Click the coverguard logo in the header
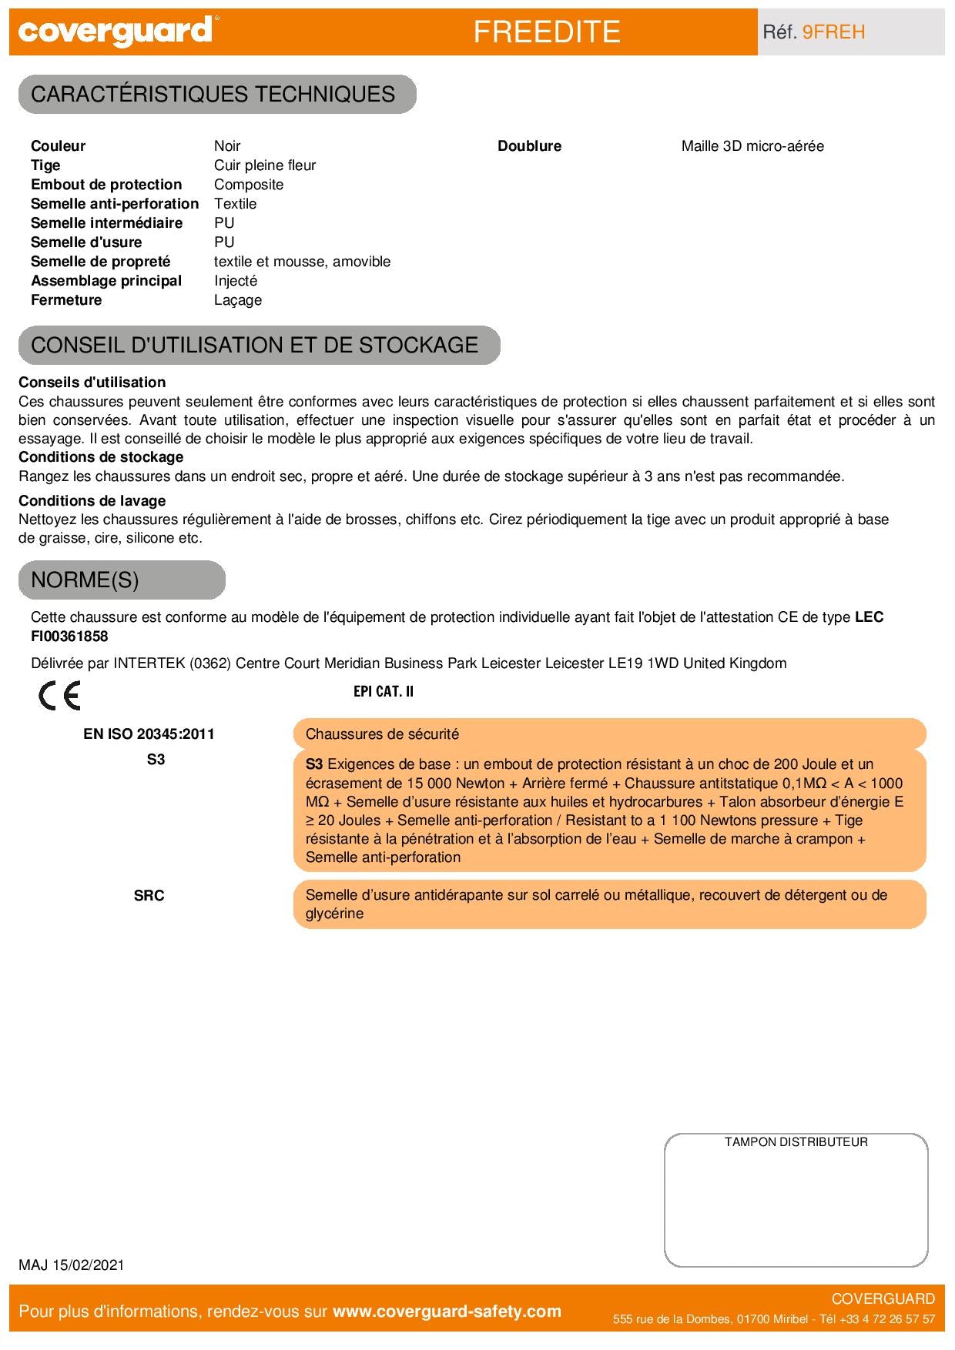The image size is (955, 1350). (x=116, y=32)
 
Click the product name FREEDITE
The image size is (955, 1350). (x=546, y=32)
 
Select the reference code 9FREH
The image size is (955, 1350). (x=833, y=32)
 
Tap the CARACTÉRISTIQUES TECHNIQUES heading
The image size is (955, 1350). (x=213, y=95)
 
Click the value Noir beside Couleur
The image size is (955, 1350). (x=227, y=146)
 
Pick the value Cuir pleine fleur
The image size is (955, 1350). (x=265, y=165)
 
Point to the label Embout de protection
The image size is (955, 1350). (x=106, y=185)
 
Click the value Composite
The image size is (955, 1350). (x=249, y=185)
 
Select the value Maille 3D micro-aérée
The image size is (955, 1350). (x=752, y=146)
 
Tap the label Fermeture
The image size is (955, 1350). (x=66, y=300)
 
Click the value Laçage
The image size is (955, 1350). (x=238, y=300)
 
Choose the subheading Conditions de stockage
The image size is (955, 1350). (x=101, y=457)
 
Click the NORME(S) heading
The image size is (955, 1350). (x=85, y=580)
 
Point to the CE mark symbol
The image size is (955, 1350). (x=59, y=697)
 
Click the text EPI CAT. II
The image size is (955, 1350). (x=384, y=691)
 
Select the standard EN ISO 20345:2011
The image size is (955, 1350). (x=149, y=734)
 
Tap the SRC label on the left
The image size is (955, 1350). (x=149, y=896)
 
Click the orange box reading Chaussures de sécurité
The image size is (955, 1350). (x=608, y=734)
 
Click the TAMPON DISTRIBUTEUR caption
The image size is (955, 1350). (x=796, y=1142)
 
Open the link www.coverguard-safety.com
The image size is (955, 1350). (x=447, y=1312)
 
